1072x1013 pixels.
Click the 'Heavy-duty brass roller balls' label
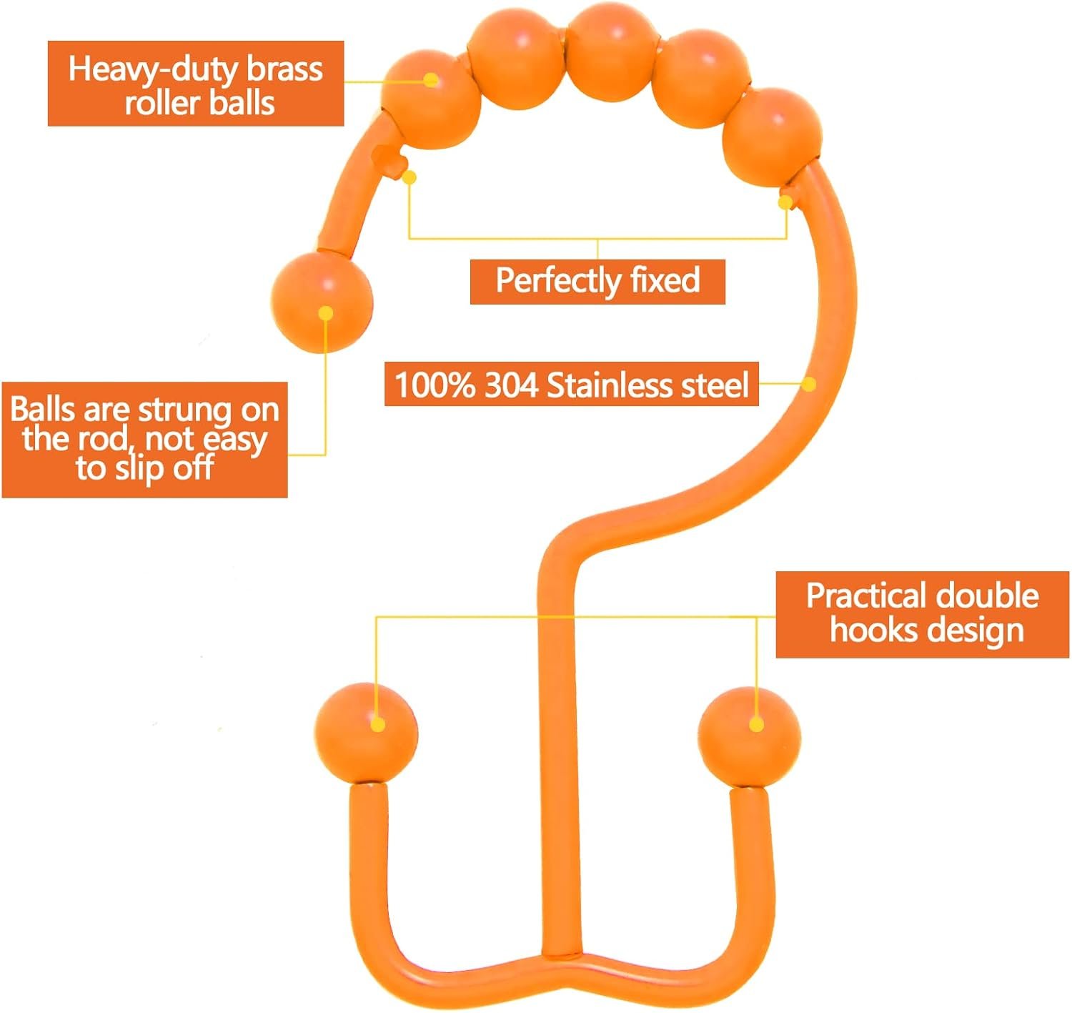click(x=196, y=84)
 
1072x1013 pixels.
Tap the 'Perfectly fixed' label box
click(x=597, y=282)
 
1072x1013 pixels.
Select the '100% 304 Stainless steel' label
click(x=572, y=384)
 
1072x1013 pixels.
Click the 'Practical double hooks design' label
click(x=923, y=615)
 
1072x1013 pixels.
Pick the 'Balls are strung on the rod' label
click(x=144, y=440)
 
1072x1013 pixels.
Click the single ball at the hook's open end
click(x=322, y=302)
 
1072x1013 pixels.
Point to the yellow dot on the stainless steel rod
click(x=808, y=384)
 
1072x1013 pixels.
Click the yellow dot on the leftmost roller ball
click(x=431, y=81)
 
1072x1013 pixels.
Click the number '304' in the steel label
click(x=511, y=385)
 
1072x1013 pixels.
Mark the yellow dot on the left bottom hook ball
click(x=378, y=725)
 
